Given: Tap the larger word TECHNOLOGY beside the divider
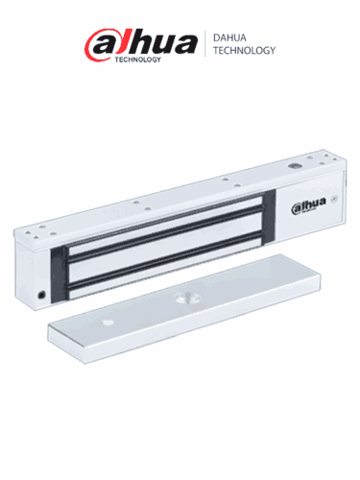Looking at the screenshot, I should coord(242,50).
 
